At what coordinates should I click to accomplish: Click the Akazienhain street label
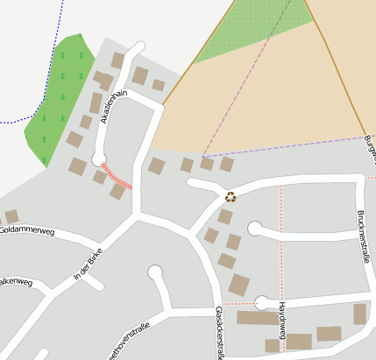pyautogui.click(x=113, y=107)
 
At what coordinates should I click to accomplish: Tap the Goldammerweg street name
pyautogui.click(x=27, y=231)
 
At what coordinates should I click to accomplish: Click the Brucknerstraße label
pyautogui.click(x=364, y=236)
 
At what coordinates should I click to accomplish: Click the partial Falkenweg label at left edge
pyautogui.click(x=16, y=282)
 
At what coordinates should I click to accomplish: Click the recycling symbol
pyautogui.click(x=231, y=197)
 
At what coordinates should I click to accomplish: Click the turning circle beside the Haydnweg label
pyautogui.click(x=261, y=303)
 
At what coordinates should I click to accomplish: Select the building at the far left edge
pyautogui.click(x=11, y=215)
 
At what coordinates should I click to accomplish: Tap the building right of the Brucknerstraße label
pyautogui.click(x=359, y=314)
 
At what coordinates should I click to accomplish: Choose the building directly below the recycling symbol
pyautogui.click(x=225, y=216)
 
